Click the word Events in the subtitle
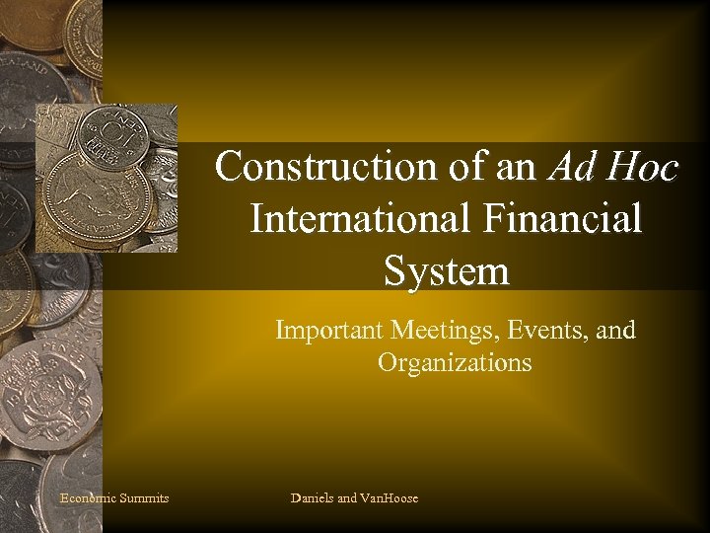tap(542, 330)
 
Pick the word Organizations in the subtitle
tap(455, 362)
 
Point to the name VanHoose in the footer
tap(390, 498)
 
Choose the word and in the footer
tap(347, 498)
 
